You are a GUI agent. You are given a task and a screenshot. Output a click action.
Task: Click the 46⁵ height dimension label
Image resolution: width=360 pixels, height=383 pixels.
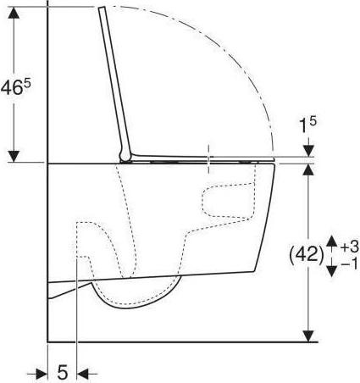15,86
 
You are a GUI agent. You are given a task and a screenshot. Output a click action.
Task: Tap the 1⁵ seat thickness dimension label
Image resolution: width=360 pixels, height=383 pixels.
307,125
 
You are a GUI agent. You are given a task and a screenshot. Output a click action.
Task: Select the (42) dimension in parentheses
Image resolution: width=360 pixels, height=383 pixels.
307,255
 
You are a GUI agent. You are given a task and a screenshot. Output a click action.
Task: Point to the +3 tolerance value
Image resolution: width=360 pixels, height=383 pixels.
350,247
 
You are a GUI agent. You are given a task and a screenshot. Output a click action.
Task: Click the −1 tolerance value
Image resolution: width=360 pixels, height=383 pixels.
350,264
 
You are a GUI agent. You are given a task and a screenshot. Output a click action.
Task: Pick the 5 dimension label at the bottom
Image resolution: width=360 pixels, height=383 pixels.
63,373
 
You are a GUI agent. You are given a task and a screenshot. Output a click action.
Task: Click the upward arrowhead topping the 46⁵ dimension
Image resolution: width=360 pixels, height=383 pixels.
14,13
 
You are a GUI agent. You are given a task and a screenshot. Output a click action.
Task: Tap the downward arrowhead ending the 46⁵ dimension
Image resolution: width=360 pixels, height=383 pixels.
14,157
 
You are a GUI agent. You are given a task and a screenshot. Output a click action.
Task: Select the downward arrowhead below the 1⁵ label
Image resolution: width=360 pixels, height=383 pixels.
309,151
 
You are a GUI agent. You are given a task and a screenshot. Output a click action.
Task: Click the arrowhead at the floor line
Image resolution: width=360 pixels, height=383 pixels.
308,336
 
